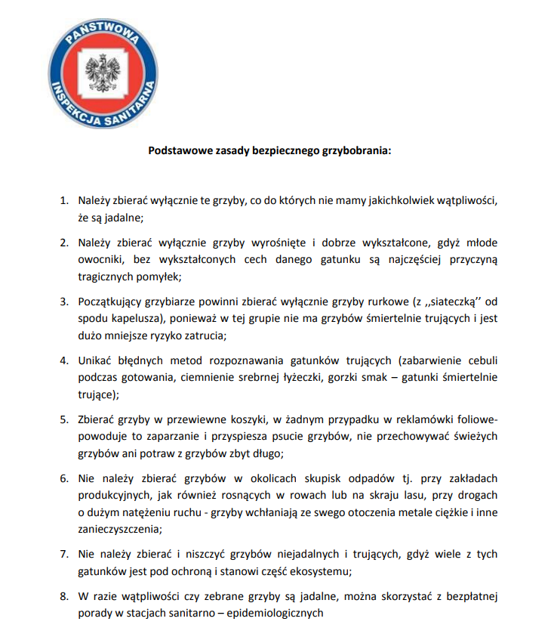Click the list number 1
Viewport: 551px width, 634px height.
coord(64,202)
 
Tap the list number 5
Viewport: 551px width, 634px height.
coord(64,419)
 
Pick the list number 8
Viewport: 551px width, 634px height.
coord(64,596)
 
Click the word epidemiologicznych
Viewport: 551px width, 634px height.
coord(271,613)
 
